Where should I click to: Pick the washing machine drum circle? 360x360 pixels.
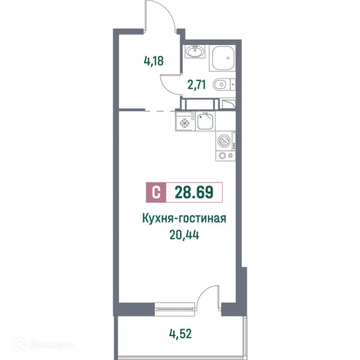224,140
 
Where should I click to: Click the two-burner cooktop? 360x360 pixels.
224,156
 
